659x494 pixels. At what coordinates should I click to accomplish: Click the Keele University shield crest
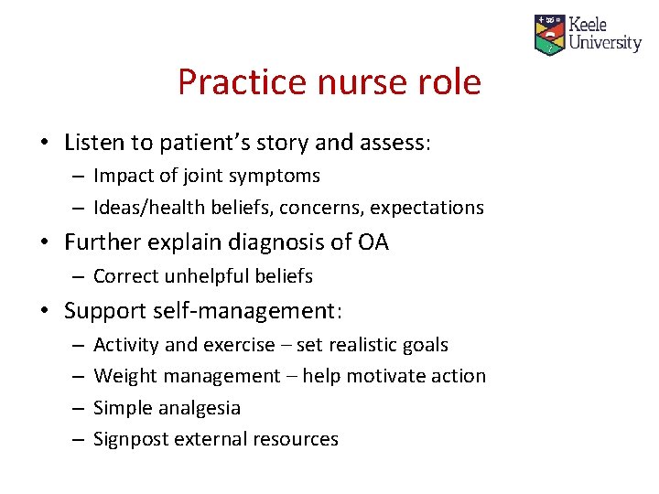point(549,35)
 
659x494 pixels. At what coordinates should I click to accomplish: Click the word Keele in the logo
point(588,25)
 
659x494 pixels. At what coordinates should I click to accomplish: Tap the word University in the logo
point(604,42)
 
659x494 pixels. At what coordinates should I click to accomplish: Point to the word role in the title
point(448,82)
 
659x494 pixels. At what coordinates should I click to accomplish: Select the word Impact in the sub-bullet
point(123,176)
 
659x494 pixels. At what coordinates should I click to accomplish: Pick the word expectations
point(429,208)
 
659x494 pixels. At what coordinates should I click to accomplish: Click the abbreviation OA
point(373,242)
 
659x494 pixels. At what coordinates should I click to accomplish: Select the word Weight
point(123,376)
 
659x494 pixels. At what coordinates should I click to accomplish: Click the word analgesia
point(199,408)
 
